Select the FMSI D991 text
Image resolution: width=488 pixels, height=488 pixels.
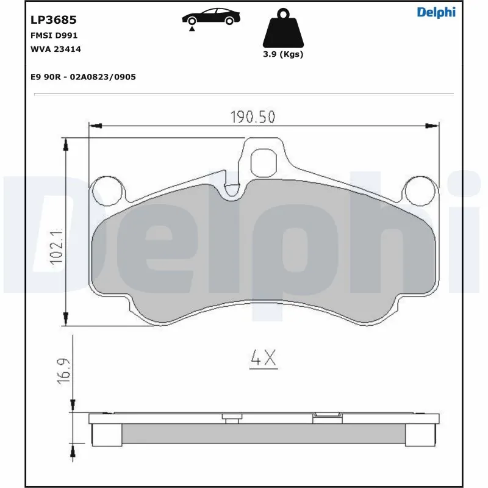(x=54, y=36)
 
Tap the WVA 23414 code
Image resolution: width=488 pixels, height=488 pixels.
(x=56, y=49)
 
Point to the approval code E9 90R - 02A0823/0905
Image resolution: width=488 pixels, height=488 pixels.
(x=82, y=77)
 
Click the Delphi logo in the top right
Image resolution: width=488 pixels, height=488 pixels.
(x=436, y=12)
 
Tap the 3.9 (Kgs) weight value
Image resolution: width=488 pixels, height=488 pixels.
(x=282, y=54)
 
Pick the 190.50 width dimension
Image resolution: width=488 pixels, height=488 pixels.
(x=252, y=116)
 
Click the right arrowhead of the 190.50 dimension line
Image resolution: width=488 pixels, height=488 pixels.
(x=434, y=126)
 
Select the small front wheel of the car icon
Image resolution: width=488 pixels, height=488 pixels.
(x=229, y=21)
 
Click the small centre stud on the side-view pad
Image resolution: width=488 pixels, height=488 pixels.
(x=231, y=419)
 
